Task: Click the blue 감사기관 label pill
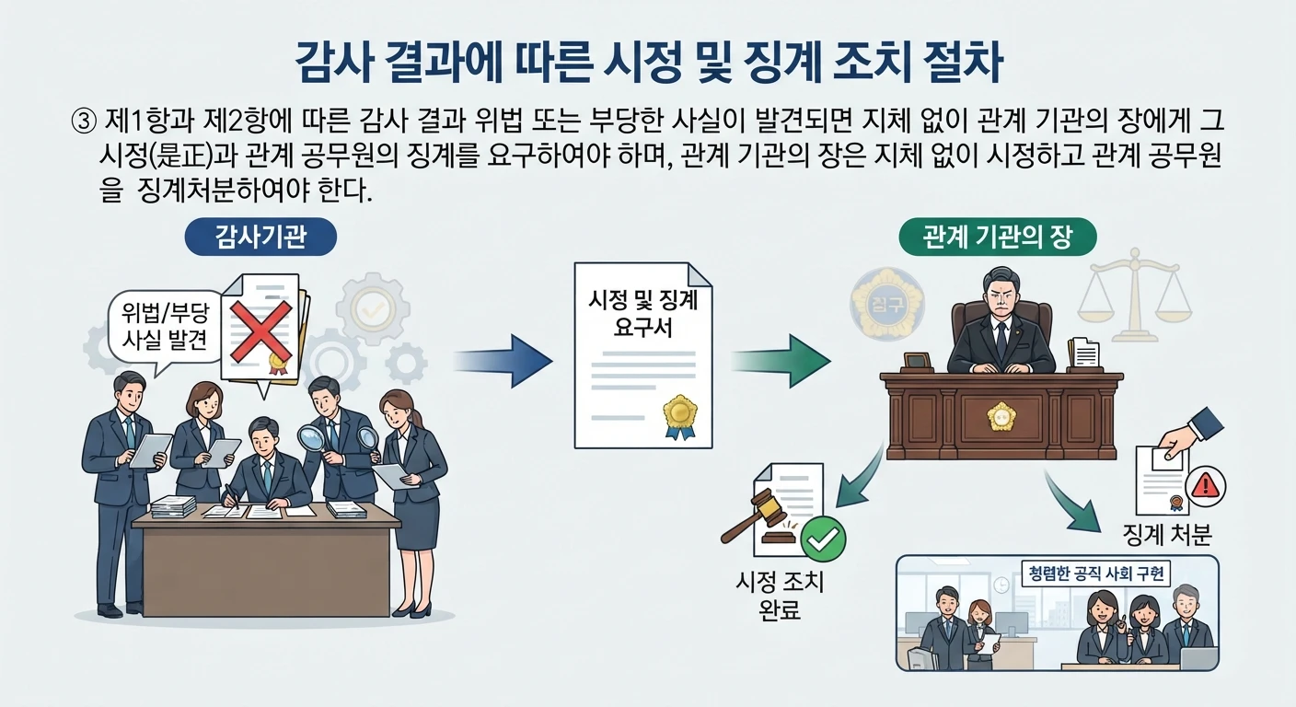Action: (260, 237)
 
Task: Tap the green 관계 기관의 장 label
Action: (998, 237)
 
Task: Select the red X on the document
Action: (260, 330)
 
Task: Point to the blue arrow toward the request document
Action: (503, 361)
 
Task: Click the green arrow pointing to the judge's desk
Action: (781, 361)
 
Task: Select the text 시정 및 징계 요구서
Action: (642, 314)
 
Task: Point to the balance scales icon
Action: (1134, 296)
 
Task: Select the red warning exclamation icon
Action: (1206, 486)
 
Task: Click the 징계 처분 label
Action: (1166, 535)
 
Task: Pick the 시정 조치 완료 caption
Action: (780, 596)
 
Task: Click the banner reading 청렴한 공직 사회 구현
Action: (1095, 574)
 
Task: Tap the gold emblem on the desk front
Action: (1001, 417)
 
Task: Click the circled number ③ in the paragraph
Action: (84, 122)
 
